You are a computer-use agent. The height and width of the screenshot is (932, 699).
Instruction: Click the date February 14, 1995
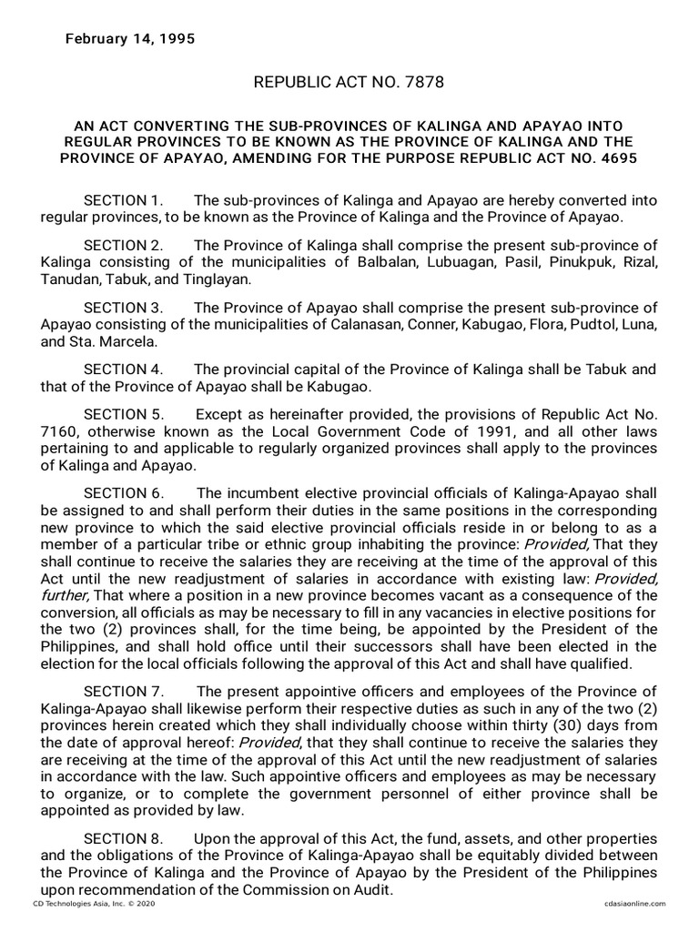(128, 39)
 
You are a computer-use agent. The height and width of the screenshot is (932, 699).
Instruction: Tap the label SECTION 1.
(123, 200)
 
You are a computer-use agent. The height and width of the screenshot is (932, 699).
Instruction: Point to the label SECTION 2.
(123, 246)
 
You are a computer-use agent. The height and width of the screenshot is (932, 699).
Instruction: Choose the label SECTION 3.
(123, 308)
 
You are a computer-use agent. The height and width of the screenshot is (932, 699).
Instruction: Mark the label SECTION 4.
(123, 370)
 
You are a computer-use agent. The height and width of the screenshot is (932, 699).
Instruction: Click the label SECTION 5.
(123, 414)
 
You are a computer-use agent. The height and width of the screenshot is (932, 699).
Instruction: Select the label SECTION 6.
(123, 493)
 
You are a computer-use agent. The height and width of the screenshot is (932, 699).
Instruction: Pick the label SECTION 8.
(123, 837)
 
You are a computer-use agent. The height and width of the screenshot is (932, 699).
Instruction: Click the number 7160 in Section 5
(58, 431)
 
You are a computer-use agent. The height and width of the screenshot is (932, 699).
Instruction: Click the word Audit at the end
(374, 890)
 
